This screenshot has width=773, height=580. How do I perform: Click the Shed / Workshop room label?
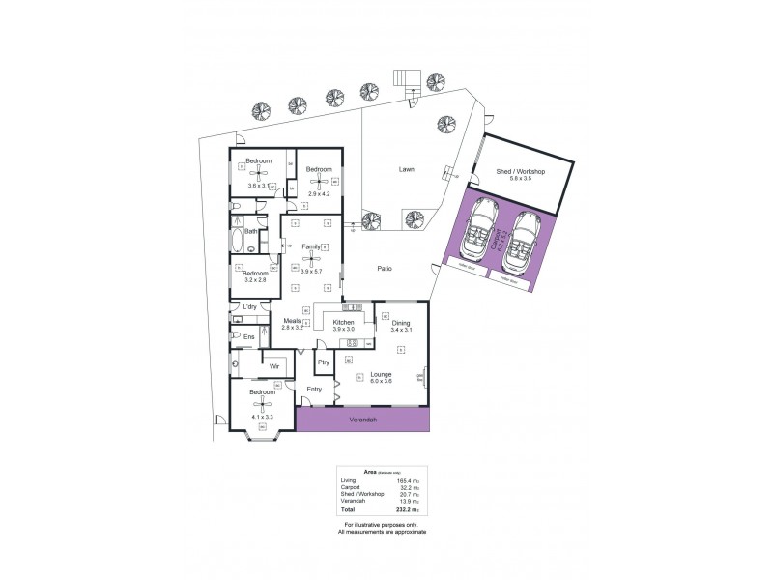click(521, 171)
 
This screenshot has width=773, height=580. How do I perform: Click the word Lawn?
click(407, 170)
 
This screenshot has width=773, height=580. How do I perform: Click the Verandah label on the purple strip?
click(362, 420)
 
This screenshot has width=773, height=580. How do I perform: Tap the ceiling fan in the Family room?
click(311, 259)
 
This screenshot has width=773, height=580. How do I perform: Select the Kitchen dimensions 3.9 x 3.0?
click(344, 331)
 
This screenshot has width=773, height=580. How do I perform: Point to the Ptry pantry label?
click(324, 362)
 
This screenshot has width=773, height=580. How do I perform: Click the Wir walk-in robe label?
click(273, 367)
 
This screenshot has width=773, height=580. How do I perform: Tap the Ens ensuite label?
click(248, 336)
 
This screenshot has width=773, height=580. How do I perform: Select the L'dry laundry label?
click(249, 307)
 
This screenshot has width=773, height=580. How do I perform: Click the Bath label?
click(250, 232)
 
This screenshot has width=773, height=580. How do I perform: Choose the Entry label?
click(314, 390)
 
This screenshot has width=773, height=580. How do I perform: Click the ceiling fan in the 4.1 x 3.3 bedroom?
click(262, 405)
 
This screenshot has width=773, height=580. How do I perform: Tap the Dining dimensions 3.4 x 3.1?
click(401, 331)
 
